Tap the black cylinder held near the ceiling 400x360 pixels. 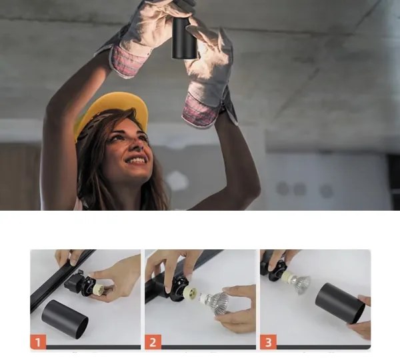pos(184,38)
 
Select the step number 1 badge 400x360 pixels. pos(38,342)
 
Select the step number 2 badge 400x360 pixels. pos(153,342)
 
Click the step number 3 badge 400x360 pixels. pos(269,342)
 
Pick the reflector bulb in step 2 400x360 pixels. pos(215,303)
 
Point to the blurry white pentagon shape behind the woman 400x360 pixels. pos(177,181)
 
